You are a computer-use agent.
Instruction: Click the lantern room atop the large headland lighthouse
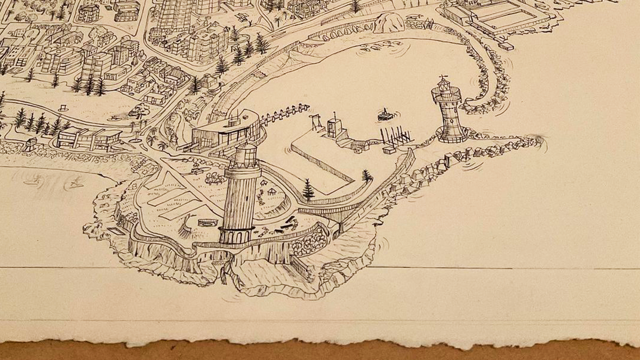click(245, 154)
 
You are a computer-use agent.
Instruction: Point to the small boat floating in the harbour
click(385, 115)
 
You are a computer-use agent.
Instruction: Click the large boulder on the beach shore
click(388, 23)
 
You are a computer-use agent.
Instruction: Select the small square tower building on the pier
click(335, 126)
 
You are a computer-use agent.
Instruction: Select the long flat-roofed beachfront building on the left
click(88, 138)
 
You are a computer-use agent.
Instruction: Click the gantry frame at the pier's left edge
click(315, 122)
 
